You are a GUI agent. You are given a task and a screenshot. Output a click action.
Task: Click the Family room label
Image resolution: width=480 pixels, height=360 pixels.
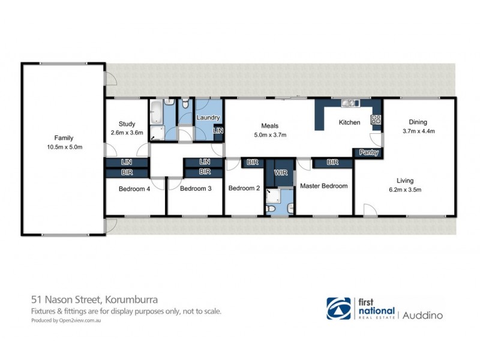coord(64,138)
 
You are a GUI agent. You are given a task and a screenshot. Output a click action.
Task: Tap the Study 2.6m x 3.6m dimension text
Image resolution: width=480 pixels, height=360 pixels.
coord(127,133)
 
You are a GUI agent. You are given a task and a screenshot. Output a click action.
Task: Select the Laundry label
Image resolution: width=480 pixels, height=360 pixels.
coord(208,118)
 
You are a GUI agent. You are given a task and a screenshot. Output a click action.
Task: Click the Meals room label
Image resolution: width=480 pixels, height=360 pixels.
coord(269,125)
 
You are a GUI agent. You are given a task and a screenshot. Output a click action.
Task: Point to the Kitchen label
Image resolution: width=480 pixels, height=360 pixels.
coord(349,122)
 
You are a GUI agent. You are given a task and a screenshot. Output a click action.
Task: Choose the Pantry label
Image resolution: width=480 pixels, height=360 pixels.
coord(368,152)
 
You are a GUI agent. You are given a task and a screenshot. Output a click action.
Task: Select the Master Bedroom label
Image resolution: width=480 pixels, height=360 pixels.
coord(323,186)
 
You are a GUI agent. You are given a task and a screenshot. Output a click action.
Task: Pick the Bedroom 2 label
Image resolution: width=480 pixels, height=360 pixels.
coord(244,188)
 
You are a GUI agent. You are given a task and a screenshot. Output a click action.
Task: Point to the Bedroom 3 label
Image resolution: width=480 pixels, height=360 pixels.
coord(196,188)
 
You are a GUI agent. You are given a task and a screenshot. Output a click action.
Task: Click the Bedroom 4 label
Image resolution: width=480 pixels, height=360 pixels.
coord(134,188)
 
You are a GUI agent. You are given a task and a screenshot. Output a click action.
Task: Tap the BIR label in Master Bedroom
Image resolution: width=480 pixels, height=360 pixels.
coord(332,162)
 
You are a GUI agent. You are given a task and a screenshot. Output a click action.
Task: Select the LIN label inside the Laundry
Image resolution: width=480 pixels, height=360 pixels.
coord(218,130)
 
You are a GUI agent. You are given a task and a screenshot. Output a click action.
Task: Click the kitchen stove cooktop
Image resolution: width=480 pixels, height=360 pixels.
coord(376,119)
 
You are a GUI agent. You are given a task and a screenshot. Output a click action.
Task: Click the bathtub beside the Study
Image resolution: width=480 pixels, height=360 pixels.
coord(156,111)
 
